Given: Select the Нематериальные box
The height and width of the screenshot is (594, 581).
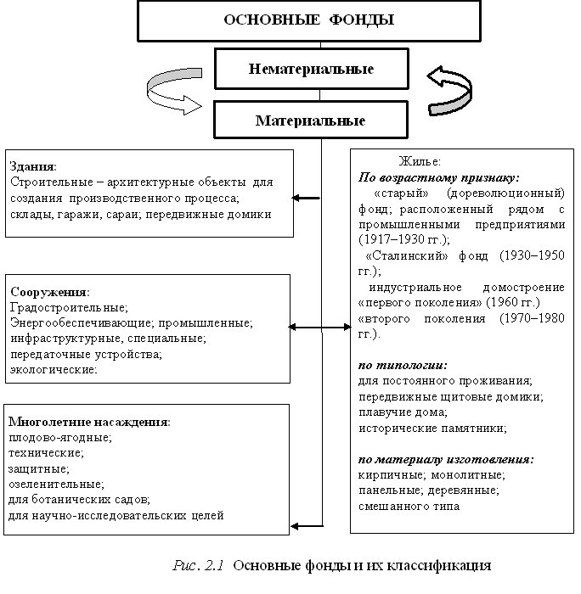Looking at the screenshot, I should (311, 68).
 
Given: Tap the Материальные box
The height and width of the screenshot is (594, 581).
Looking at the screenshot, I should (311, 120).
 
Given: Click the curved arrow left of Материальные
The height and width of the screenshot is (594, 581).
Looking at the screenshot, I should (175, 93).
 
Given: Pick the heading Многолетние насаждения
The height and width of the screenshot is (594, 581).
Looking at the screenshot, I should (88, 421).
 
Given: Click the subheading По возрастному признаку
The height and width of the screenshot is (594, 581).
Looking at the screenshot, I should (438, 177).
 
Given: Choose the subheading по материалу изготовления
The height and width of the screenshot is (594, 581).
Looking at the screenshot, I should (446, 459).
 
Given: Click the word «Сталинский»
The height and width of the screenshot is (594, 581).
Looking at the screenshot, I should (398, 255).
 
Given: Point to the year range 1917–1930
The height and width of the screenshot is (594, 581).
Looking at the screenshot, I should (388, 240).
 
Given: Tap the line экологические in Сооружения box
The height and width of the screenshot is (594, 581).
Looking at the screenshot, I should (53, 369).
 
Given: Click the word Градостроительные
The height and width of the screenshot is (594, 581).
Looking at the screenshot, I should (68, 307).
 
